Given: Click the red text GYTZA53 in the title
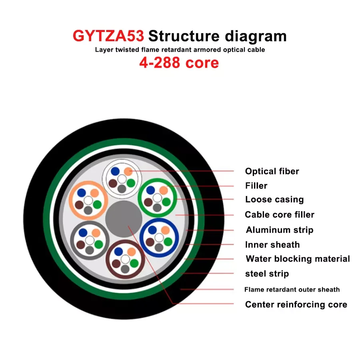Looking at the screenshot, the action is [108, 36].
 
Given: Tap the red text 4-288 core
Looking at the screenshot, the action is [179, 63].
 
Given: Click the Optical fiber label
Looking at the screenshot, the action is [272, 171].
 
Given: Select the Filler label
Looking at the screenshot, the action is [256, 186].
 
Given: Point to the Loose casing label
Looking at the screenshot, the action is [274, 200].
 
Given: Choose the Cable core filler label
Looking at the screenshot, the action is [280, 215].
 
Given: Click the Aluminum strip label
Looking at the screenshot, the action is [280, 230].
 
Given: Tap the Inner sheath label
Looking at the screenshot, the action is [272, 245].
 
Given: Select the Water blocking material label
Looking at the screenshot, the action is [298, 259].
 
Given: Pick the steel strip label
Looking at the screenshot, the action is [267, 274].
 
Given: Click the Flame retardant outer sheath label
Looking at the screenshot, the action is [292, 290].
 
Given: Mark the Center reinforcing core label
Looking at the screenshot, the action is [296, 305].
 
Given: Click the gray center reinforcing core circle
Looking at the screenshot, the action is [124, 219].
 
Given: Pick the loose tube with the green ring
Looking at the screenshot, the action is [157, 197].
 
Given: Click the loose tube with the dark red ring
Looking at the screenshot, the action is [124, 258].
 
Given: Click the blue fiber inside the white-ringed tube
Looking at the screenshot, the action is [115, 172].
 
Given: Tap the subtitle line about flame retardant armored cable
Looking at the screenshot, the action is [180, 50].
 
